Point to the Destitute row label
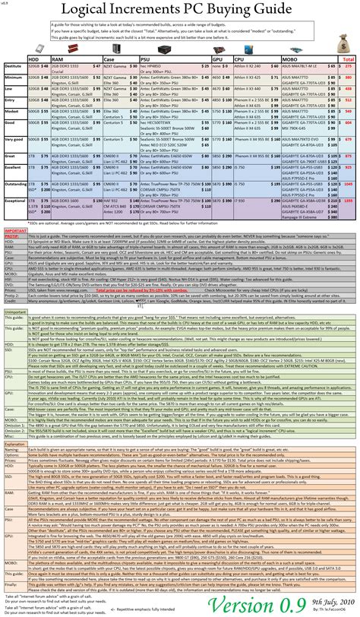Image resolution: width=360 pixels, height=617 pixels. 13,68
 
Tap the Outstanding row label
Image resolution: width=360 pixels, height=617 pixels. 13,182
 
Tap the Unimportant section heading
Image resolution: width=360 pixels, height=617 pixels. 16,310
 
